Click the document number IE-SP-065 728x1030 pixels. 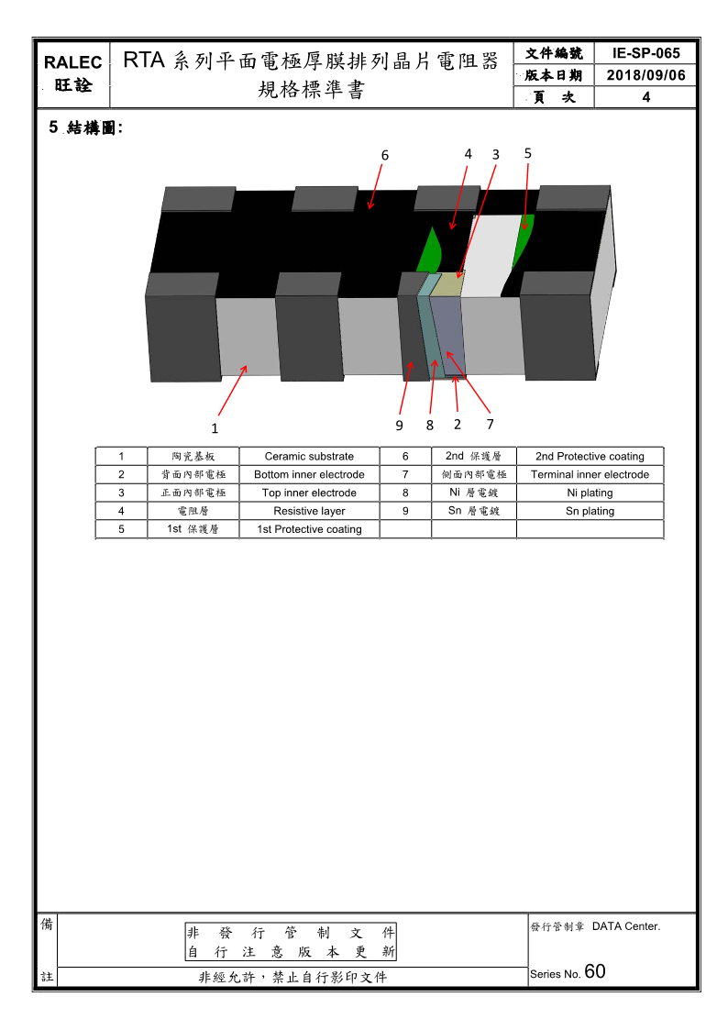(646, 53)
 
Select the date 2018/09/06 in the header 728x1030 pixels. (646, 75)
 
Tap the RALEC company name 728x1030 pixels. (72, 62)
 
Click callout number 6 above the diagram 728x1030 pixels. (385, 156)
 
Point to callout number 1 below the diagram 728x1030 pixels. (215, 428)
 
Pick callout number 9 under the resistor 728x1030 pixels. (399, 426)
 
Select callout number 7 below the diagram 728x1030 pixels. (490, 425)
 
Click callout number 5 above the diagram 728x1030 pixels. (528, 153)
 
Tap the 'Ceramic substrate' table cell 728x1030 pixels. (309, 456)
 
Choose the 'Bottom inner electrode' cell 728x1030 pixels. (309, 474)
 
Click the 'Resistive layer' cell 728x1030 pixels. (309, 511)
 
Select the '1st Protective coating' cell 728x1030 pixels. (309, 529)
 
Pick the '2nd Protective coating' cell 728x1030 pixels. (590, 456)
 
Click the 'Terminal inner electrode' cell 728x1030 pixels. (590, 474)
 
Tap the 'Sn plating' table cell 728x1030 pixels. (590, 511)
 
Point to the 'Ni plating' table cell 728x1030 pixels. (590, 493)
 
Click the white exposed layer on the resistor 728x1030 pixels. (491, 255)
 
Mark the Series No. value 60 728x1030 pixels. (595, 971)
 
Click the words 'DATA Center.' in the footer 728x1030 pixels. (626, 926)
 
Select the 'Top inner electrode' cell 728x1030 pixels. (309, 493)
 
